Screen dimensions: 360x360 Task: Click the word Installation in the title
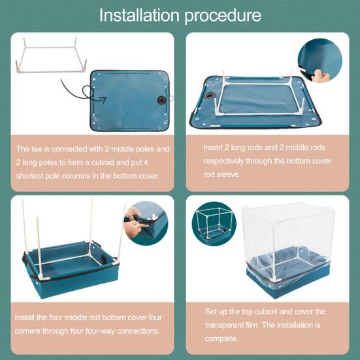139,15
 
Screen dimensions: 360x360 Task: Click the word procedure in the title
223,16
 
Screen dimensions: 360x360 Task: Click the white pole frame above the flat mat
51,55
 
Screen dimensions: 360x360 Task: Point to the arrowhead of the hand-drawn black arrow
102,100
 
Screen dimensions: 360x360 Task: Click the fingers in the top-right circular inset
321,76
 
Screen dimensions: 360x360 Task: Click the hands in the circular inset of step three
135,222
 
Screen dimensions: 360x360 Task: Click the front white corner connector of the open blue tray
44,278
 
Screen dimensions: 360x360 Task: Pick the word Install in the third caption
25,318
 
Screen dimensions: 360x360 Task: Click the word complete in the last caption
221,339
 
